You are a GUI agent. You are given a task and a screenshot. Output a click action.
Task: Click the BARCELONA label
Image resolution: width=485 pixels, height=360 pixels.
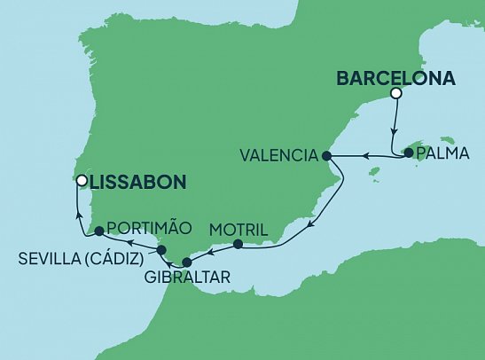pyautogui.click(x=395, y=78)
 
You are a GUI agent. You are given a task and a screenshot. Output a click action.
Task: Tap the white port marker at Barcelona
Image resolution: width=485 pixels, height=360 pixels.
pyautogui.click(x=396, y=94)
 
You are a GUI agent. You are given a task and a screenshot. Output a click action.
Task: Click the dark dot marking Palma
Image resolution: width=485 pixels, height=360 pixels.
pyautogui.click(x=408, y=153)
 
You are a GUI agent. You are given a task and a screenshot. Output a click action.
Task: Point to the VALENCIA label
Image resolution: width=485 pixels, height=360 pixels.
pyautogui.click(x=278, y=155)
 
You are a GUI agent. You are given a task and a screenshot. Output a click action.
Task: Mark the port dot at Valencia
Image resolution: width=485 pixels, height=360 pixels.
pyautogui.click(x=326, y=156)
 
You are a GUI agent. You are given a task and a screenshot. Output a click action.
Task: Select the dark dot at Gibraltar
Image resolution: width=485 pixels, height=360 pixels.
pyautogui.click(x=186, y=262)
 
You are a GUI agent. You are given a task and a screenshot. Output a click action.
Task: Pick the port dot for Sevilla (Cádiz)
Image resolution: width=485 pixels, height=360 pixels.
pyautogui.click(x=161, y=251)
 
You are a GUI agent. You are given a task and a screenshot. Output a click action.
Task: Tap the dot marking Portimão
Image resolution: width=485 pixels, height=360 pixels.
pyautogui.click(x=99, y=231)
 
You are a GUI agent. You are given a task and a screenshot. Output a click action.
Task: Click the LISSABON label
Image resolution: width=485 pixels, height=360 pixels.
pyautogui.click(x=137, y=182)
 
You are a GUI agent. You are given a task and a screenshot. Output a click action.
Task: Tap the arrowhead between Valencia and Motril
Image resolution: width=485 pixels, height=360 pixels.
pyautogui.click(x=308, y=228)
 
